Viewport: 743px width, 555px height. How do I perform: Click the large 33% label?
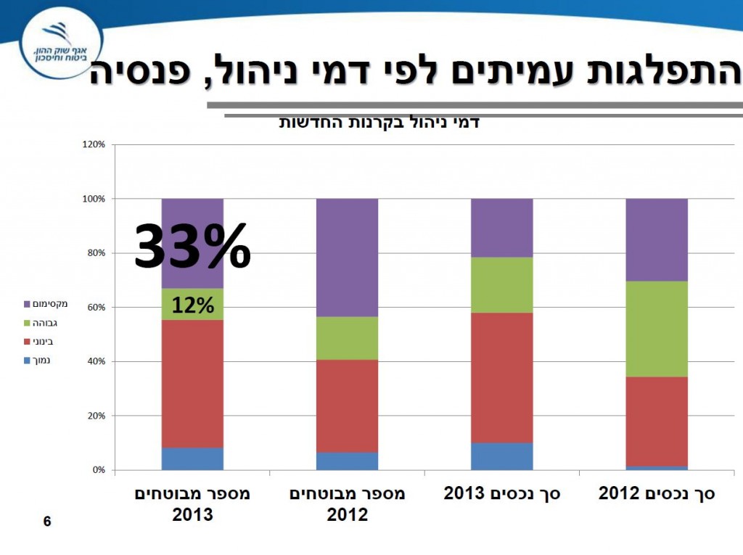(x=192, y=247)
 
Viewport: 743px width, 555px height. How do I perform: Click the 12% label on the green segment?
(x=192, y=305)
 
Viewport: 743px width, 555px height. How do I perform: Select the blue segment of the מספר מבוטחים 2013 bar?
(x=192, y=459)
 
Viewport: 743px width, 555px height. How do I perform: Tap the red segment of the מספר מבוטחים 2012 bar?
(x=347, y=406)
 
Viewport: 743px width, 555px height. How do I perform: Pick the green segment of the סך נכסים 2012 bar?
(x=657, y=329)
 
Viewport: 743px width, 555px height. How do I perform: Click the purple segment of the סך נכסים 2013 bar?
(x=502, y=227)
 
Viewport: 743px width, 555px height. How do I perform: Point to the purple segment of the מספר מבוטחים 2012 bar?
(x=347, y=257)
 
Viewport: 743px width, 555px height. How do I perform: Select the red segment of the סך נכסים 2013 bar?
(x=502, y=377)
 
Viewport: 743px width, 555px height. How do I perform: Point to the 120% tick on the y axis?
(x=94, y=145)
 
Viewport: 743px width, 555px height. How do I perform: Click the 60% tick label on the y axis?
(x=96, y=308)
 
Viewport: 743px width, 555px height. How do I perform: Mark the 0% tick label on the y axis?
(x=98, y=471)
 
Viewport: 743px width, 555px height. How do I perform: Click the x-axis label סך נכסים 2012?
(x=657, y=494)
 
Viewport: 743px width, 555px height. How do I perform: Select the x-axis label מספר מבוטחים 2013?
(x=192, y=504)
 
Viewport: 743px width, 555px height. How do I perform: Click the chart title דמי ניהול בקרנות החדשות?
(x=379, y=122)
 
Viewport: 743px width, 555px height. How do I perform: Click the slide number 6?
(x=47, y=521)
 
